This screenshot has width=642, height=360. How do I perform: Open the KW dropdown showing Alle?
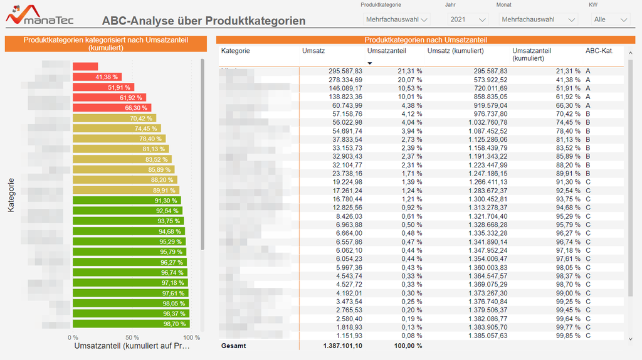coord(611,19)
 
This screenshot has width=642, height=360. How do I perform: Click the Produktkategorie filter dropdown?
coord(396,19)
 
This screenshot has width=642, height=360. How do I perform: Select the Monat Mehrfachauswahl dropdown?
coord(537,19)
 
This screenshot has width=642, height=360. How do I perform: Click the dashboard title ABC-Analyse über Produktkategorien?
coord(204,21)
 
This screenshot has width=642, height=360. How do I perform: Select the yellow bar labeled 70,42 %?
coord(114,118)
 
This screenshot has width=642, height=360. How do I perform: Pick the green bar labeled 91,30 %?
coord(127,201)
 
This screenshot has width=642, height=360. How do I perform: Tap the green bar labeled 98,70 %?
coord(131,324)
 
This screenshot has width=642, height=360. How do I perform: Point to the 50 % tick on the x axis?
coord(132,337)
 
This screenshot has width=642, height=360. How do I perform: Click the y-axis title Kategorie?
coord(11,194)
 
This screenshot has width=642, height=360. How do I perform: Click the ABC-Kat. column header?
coord(599,50)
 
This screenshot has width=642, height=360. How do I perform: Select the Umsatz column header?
coord(313,50)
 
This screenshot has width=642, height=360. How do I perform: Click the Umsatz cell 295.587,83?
coord(345,71)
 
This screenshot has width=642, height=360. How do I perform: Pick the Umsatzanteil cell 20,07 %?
coord(409,80)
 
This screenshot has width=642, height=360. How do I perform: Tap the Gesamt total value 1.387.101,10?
coord(342,346)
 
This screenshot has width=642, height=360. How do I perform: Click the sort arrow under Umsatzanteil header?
coord(370,63)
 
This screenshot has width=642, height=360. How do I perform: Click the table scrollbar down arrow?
coord(630,339)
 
